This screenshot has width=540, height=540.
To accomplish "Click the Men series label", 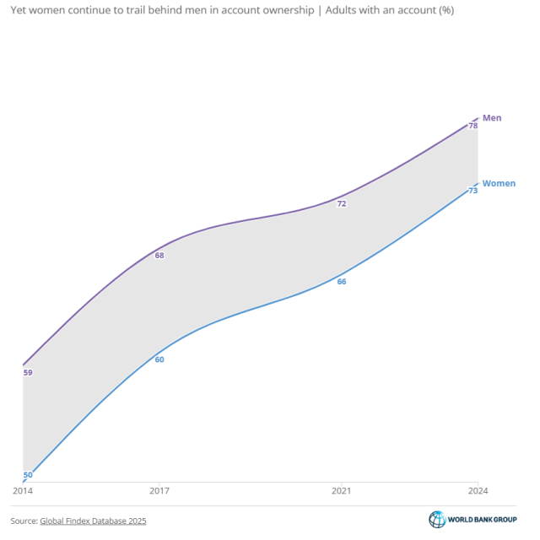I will (492, 118).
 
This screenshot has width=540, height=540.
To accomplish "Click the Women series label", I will (499, 183).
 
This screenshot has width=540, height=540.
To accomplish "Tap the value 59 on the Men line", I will (28, 372).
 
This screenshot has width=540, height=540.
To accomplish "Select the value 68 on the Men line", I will (159, 255).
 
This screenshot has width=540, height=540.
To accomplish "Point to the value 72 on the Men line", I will (342, 203).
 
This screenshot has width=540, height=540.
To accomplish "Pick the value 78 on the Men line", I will (473, 126).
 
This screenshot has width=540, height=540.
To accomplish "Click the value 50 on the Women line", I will (28, 475).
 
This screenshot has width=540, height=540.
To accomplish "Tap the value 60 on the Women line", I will (159, 359).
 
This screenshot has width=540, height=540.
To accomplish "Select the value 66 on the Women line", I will (342, 281).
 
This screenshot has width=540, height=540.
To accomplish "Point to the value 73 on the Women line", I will (473, 191).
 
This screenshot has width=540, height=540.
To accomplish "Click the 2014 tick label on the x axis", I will (22, 490).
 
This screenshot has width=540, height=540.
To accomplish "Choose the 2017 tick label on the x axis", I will (159, 490).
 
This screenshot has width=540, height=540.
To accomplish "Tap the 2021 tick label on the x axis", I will (342, 490).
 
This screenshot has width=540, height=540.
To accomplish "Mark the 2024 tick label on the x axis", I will (478, 490).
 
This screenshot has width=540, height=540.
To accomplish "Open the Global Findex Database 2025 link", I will (93, 521).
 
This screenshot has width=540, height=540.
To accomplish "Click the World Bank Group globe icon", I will (437, 520).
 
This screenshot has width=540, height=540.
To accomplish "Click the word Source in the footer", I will (23, 521).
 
